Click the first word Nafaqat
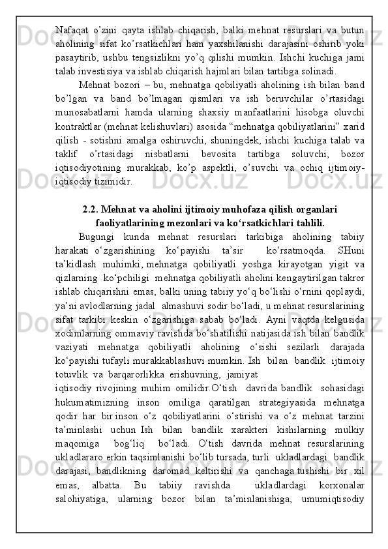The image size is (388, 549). click(73, 31)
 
